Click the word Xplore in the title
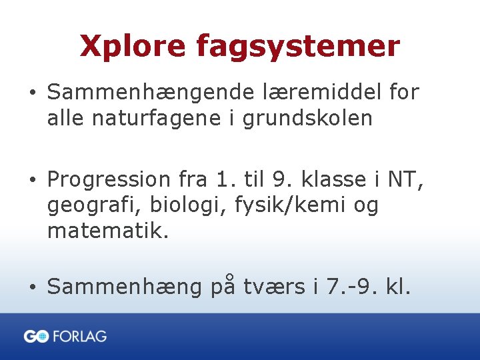pos(133,47)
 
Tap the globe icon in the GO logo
pos(43,337)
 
